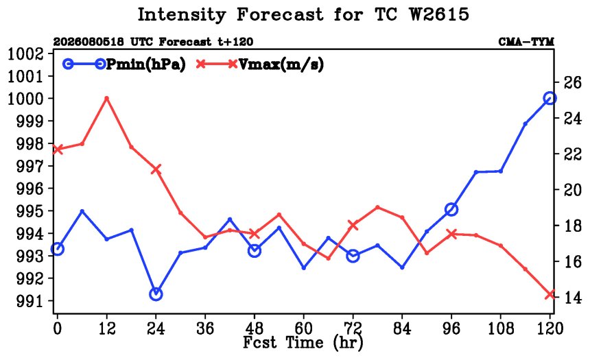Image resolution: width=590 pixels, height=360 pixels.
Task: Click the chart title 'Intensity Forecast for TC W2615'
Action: tap(303, 15)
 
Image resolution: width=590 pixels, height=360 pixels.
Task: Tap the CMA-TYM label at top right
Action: tap(526, 42)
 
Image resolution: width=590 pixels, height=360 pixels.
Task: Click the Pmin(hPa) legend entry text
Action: tap(146, 64)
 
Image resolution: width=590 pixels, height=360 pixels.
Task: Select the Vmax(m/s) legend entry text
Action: tap(281, 64)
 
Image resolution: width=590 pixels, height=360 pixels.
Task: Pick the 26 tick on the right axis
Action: tap(572, 82)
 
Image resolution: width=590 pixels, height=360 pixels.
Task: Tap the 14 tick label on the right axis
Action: tap(572, 298)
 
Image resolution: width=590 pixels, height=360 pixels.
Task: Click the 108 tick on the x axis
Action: tap(500, 328)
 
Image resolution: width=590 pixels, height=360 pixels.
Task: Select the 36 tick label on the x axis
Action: tap(205, 328)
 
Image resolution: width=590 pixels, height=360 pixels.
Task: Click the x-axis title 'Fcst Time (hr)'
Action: tap(303, 342)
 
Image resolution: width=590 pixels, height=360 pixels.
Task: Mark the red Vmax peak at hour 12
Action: tap(107, 98)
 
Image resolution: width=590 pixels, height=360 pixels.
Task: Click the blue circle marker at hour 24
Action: tap(156, 294)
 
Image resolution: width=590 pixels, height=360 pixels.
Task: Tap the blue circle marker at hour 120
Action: tap(550, 99)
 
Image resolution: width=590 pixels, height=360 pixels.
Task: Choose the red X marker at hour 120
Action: tap(550, 294)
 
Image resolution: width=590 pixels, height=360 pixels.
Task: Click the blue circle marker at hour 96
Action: tap(451, 210)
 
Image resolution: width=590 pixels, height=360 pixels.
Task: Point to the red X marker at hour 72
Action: tap(353, 225)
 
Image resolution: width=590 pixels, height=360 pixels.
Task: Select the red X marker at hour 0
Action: tap(57, 149)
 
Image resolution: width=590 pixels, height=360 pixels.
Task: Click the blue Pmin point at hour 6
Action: tap(82, 211)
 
